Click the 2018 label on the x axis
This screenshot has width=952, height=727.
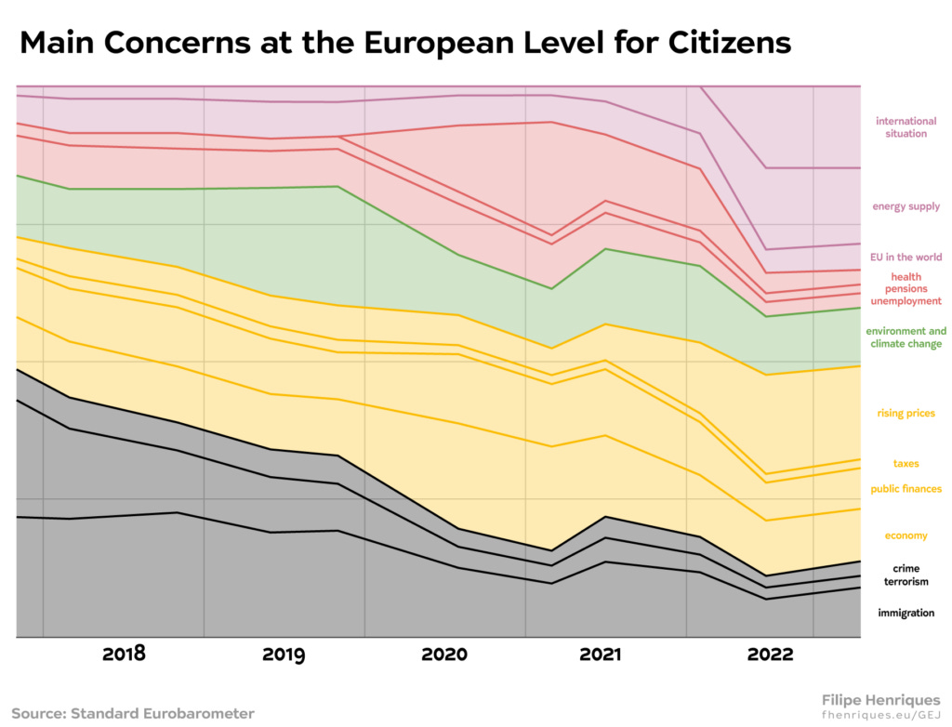coord(124,654)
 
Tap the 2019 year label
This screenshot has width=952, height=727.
coord(284,654)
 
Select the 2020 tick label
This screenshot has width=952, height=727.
coord(444,654)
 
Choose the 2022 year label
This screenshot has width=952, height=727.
coord(770,654)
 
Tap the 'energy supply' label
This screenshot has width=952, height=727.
coord(906,206)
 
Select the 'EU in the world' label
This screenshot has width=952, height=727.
coord(906,258)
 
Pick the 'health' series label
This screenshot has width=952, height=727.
coord(906,277)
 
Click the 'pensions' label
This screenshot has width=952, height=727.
coord(906,289)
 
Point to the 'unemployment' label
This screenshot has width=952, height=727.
coord(906,301)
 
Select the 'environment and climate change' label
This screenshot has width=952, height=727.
coord(906,337)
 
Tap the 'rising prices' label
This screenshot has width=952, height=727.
coord(906,414)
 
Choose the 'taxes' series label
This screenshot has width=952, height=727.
coord(906,464)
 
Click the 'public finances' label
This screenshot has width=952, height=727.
coord(906,489)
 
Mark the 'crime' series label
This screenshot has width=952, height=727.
coord(906,569)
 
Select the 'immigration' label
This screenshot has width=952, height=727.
coord(906,614)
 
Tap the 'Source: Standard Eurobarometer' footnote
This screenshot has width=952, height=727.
coord(133,713)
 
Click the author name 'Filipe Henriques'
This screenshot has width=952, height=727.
coord(880,699)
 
